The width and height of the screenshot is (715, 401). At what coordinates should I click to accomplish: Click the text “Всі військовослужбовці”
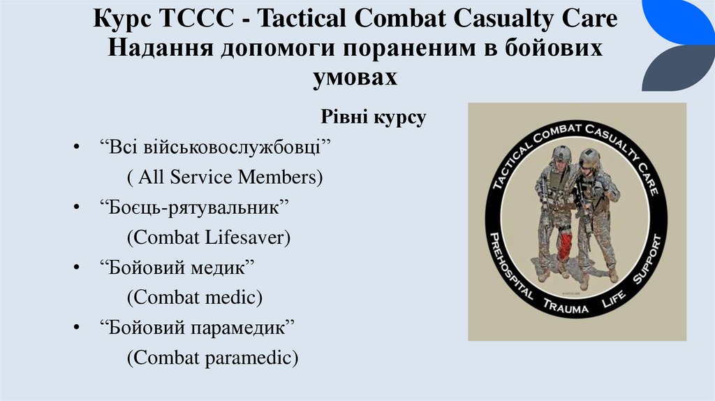pyautogui.click(x=214, y=147)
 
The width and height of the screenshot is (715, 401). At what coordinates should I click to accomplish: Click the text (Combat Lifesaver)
pyautogui.click(x=208, y=238)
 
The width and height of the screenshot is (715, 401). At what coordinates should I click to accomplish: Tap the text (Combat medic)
pyautogui.click(x=194, y=298)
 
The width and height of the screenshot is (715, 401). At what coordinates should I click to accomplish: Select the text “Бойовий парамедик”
pyautogui.click(x=199, y=328)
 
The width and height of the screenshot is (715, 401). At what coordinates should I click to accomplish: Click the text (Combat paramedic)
pyautogui.click(x=212, y=358)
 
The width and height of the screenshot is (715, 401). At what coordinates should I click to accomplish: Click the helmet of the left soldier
pyautogui.click(x=561, y=154)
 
